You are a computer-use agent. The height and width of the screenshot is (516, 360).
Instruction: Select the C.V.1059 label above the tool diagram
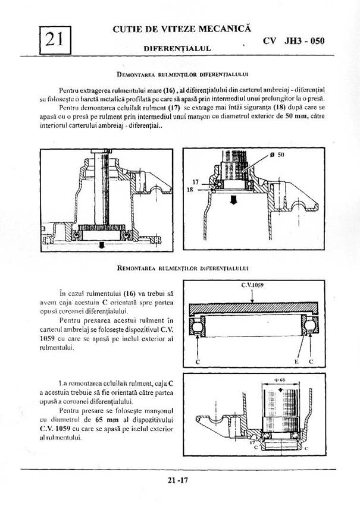252,285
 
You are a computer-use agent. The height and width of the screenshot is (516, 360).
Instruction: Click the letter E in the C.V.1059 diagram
295,360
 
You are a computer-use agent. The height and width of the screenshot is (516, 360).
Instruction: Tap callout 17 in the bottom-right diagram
252,442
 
